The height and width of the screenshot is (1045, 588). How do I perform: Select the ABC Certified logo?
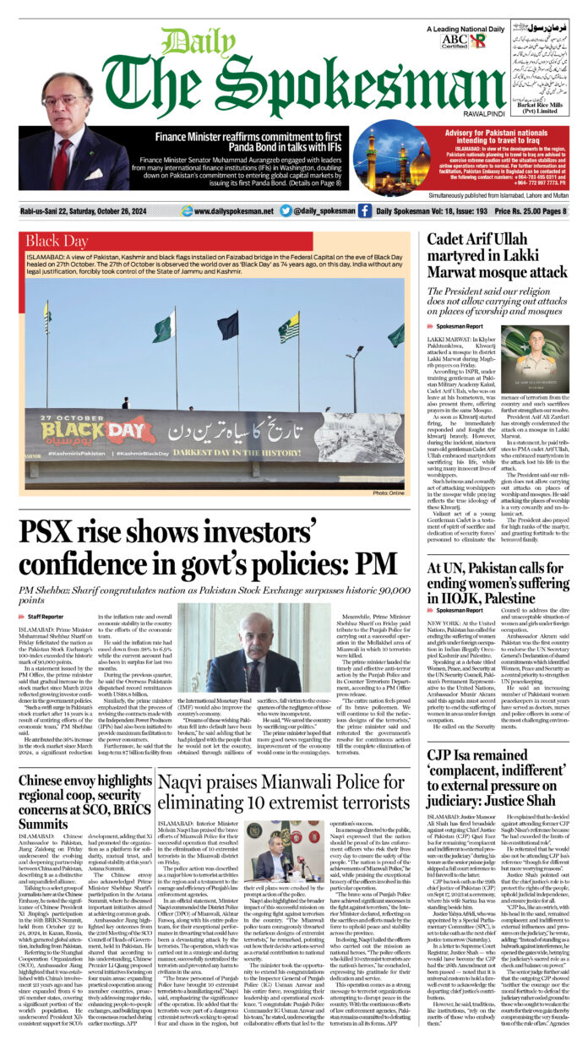point(453,40)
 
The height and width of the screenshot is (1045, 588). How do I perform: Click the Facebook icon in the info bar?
point(364,210)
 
